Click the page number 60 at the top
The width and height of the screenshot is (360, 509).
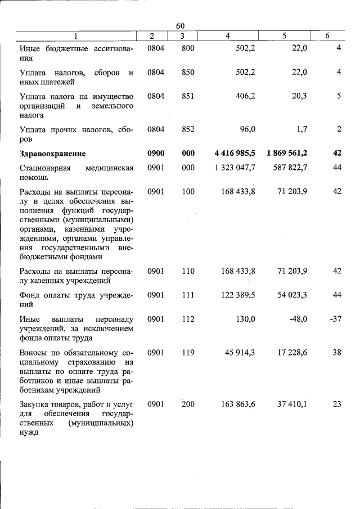click(x=180, y=26)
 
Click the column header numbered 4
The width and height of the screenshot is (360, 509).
click(x=227, y=36)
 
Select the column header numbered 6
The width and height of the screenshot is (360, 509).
click(x=327, y=36)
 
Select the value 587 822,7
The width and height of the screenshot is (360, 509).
click(x=289, y=168)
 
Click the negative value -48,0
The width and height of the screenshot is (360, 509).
click(x=298, y=319)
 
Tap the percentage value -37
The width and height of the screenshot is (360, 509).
click(x=335, y=319)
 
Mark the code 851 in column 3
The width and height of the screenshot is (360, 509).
click(x=188, y=96)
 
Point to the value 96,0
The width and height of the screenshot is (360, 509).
click(x=247, y=129)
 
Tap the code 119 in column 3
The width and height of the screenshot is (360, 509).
click(x=188, y=353)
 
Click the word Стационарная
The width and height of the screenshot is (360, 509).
click(x=45, y=168)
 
